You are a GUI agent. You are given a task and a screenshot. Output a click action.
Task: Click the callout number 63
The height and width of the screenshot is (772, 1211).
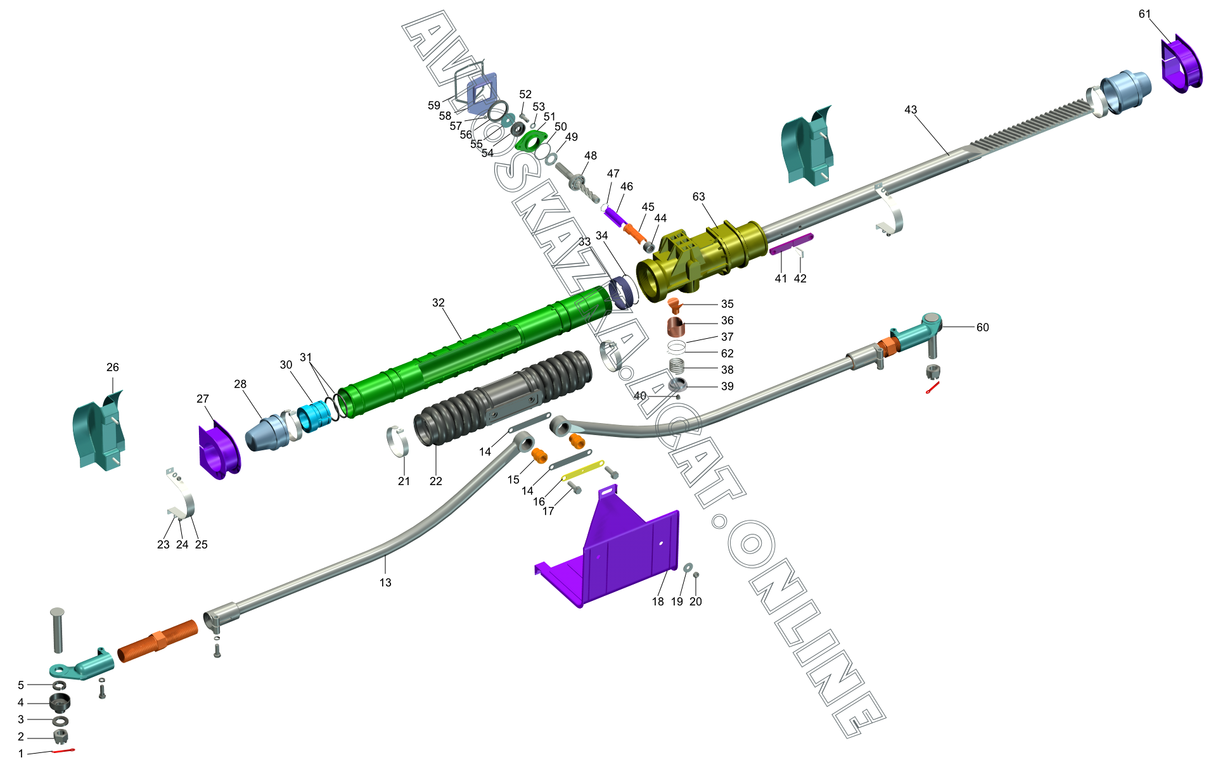click(x=698, y=197)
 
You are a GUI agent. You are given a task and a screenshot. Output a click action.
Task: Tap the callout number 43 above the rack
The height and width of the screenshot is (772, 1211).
click(x=911, y=110)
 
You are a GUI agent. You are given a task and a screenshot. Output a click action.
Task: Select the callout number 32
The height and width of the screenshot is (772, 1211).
click(x=439, y=303)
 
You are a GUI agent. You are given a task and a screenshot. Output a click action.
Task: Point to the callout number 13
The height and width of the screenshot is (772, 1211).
click(x=385, y=583)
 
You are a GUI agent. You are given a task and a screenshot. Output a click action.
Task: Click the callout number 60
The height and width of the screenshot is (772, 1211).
click(x=982, y=327)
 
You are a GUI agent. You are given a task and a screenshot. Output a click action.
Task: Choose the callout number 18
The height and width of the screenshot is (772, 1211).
click(x=658, y=602)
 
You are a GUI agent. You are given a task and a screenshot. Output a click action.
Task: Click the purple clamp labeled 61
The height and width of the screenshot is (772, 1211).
click(x=1181, y=64)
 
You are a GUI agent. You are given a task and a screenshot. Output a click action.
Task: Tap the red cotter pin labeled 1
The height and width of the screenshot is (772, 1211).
click(x=63, y=751)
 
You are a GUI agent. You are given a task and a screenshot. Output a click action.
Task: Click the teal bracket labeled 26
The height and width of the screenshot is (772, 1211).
click(x=99, y=430)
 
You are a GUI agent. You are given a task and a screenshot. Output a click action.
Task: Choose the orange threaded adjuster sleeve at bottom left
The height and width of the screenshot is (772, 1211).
click(x=158, y=641)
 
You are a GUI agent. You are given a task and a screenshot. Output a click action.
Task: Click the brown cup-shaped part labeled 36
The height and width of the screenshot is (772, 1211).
click(x=676, y=327)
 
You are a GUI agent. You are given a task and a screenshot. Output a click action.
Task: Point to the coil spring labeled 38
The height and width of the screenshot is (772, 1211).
click(x=677, y=366)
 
